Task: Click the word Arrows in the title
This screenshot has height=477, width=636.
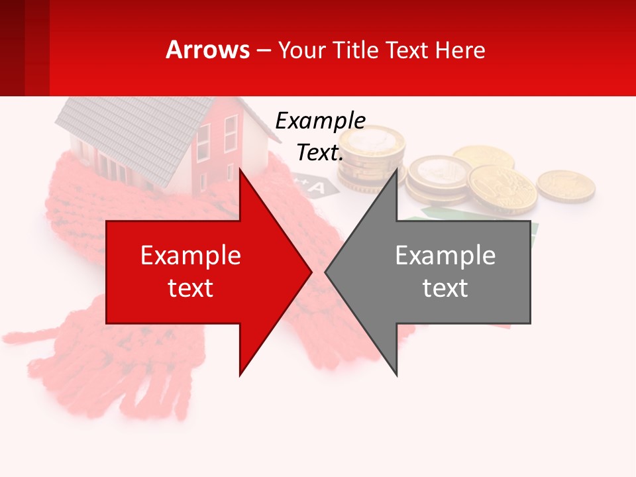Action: [207, 50]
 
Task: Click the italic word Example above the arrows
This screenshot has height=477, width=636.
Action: [320, 121]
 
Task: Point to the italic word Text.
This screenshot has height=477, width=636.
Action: [320, 153]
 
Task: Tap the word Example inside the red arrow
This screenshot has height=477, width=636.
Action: [191, 256]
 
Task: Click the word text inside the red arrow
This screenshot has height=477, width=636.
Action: [191, 288]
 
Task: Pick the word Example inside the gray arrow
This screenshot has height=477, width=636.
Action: [445, 256]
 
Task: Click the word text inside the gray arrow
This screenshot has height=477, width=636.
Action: [445, 288]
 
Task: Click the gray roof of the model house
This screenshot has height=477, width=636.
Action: [126, 132]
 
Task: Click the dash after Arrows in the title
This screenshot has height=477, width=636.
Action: [263, 50]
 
